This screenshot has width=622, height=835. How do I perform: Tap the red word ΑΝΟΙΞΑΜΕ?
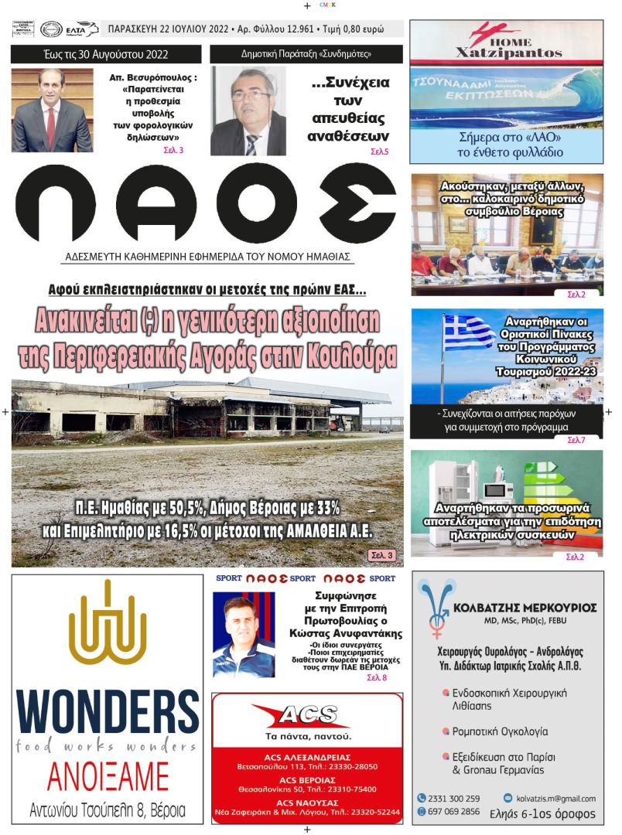pos(108,775)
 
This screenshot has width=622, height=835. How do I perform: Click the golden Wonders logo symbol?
pos(108,623)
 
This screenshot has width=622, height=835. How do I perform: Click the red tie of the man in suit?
pos(50,128)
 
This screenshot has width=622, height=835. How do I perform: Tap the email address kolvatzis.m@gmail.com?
pos(555,799)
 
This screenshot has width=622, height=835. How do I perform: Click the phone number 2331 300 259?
pos(454,799)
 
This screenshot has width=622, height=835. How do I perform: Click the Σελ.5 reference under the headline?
pos(379,152)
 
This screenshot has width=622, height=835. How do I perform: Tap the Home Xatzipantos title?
pos(507,53)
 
